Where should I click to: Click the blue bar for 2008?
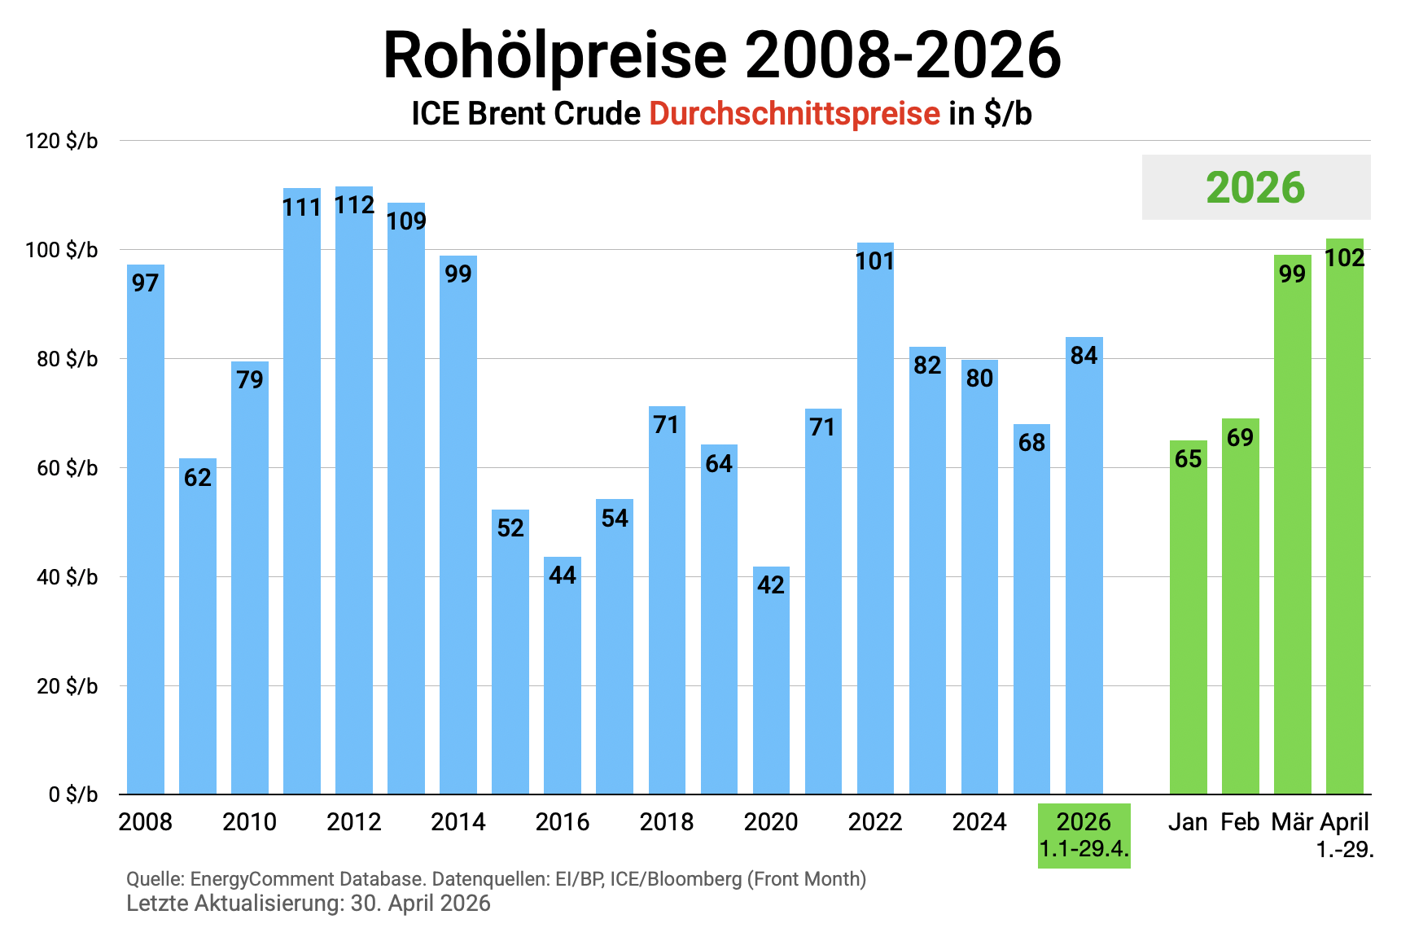click(x=146, y=529)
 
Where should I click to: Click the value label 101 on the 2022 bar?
click(x=875, y=261)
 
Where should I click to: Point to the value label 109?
click(x=406, y=221)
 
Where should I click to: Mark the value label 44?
click(x=563, y=576)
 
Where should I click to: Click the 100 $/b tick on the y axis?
click(x=62, y=250)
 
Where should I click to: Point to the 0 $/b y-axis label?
click(x=73, y=794)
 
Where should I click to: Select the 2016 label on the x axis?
click(x=563, y=822)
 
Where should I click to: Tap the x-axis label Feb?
click(x=1240, y=822)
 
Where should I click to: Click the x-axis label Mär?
click(x=1292, y=822)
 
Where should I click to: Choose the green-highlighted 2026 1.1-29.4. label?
click(x=1084, y=835)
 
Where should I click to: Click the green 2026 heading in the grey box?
click(x=1255, y=188)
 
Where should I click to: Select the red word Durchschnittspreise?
click(x=795, y=114)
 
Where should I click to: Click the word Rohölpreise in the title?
click(x=554, y=55)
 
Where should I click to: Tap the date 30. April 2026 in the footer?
click(x=420, y=904)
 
